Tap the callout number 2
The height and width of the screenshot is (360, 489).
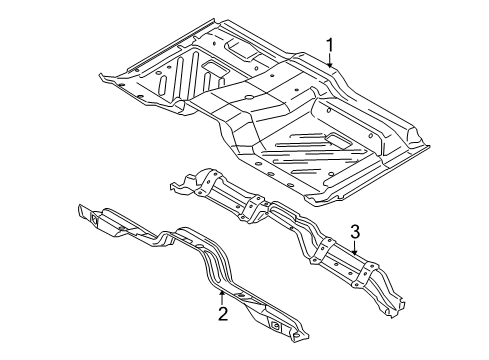223,314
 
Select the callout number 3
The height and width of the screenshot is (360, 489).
355,232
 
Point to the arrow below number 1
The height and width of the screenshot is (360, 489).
329,61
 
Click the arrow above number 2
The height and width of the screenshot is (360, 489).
222,297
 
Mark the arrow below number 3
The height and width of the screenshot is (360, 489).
355,248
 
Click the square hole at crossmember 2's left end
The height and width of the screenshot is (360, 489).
94,219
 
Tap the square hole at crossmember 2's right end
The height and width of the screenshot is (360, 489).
275,326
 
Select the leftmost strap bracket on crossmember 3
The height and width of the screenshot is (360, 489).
209,182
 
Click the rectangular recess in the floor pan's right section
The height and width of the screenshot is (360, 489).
338,139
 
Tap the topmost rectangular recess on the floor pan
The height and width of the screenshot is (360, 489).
239,48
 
